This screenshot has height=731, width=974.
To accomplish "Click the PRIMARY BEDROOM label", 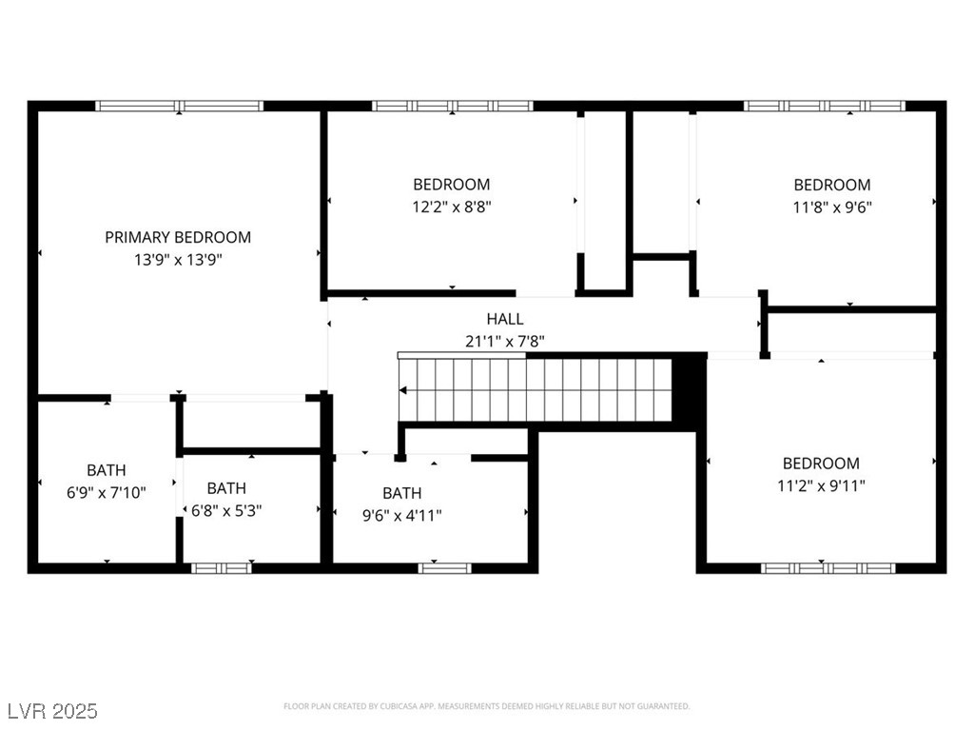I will click(178, 237).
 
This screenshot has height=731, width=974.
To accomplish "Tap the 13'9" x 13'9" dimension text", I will click(178, 259).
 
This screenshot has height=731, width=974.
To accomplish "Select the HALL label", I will click(504, 319).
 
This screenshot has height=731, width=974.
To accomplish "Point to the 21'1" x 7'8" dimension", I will click(504, 340).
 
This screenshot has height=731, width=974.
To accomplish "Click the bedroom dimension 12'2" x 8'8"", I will click(452, 206).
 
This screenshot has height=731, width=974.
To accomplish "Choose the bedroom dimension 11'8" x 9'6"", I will click(832, 207).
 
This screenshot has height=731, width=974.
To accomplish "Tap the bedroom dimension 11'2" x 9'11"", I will click(821, 484).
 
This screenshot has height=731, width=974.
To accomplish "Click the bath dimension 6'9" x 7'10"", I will click(106, 492).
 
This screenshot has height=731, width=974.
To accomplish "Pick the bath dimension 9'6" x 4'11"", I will click(401, 515).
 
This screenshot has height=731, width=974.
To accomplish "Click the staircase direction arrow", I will click(405, 389).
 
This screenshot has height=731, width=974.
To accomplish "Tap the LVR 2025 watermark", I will click(53, 711).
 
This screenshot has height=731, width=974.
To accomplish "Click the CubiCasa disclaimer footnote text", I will click(487, 706).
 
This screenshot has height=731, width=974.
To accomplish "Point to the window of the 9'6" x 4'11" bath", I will click(445, 568).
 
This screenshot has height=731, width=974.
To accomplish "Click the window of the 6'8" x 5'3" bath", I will click(222, 568).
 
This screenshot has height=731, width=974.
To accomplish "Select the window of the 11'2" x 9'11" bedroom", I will click(828, 568).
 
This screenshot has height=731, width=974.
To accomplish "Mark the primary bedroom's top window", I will click(180, 106).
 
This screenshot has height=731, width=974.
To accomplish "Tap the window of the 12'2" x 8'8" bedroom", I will click(452, 106).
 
